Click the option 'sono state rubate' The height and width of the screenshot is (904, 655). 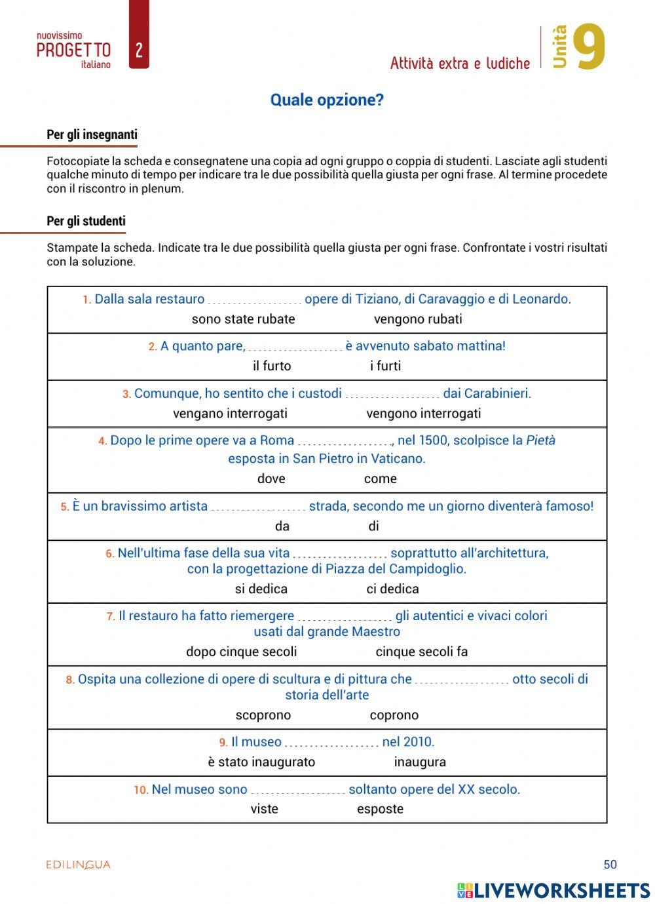(x=243, y=319)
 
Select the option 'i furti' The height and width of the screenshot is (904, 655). (x=385, y=366)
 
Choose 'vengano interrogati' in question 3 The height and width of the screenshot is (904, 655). (x=230, y=414)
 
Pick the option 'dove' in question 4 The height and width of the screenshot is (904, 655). (x=271, y=479)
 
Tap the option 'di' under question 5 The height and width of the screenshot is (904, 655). (x=373, y=526)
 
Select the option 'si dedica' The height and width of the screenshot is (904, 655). (x=261, y=589)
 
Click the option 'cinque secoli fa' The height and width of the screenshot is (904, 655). (x=421, y=652)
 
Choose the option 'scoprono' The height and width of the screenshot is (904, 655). (x=263, y=715)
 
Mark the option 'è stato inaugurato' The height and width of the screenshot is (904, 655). (x=261, y=762)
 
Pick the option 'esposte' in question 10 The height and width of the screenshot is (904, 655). (x=380, y=809)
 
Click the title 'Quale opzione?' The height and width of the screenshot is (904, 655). (x=327, y=100)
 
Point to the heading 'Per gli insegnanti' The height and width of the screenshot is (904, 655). (x=92, y=135)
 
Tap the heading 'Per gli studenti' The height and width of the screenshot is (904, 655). (x=86, y=222)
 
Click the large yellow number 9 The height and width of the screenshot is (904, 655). (x=589, y=47)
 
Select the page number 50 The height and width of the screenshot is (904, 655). (x=610, y=865)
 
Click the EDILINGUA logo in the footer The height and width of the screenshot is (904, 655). (x=78, y=865)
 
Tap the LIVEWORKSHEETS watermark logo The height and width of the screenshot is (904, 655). (x=553, y=890)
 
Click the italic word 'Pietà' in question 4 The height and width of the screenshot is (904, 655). (x=540, y=441)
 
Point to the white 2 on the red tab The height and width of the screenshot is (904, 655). (x=139, y=50)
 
